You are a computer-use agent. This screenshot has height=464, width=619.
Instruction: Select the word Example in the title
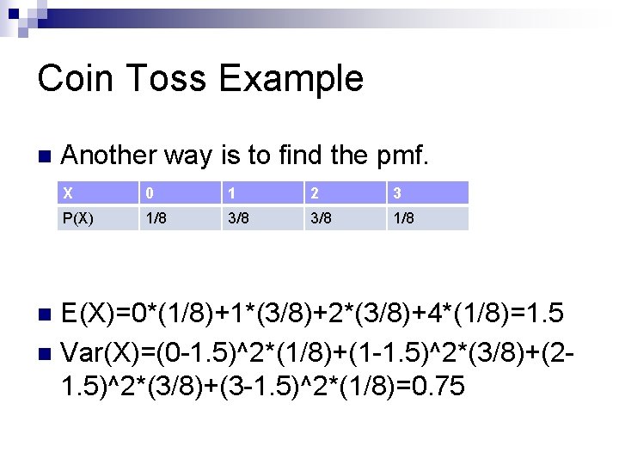click(x=291, y=78)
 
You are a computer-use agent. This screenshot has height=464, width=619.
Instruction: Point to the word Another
click(x=113, y=156)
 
